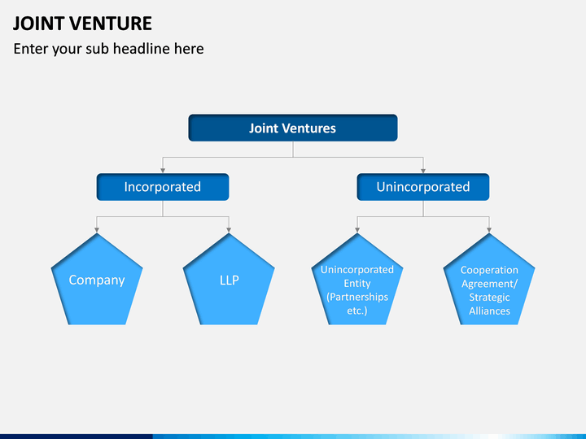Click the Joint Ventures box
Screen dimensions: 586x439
click(x=293, y=128)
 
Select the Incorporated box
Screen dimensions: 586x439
click(x=163, y=187)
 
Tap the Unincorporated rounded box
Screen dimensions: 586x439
click(x=423, y=187)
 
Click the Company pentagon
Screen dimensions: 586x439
click(x=97, y=279)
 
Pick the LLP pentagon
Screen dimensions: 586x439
click(x=229, y=279)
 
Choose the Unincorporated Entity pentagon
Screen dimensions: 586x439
click(x=357, y=279)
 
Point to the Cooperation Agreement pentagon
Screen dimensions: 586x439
click(x=489, y=279)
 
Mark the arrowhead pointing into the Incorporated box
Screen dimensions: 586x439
click(x=163, y=171)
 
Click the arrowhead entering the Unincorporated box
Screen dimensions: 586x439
click(x=423, y=171)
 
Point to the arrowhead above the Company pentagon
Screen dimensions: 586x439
click(x=97, y=230)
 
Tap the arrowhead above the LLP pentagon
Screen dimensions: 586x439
click(x=229, y=230)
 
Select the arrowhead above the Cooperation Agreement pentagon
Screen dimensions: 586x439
click(x=489, y=230)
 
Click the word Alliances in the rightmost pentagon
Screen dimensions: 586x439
click(x=490, y=311)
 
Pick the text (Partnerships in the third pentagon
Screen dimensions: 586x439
click(x=357, y=298)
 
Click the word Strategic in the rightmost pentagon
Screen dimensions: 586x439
click(x=490, y=298)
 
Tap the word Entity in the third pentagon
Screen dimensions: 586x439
click(x=357, y=284)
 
